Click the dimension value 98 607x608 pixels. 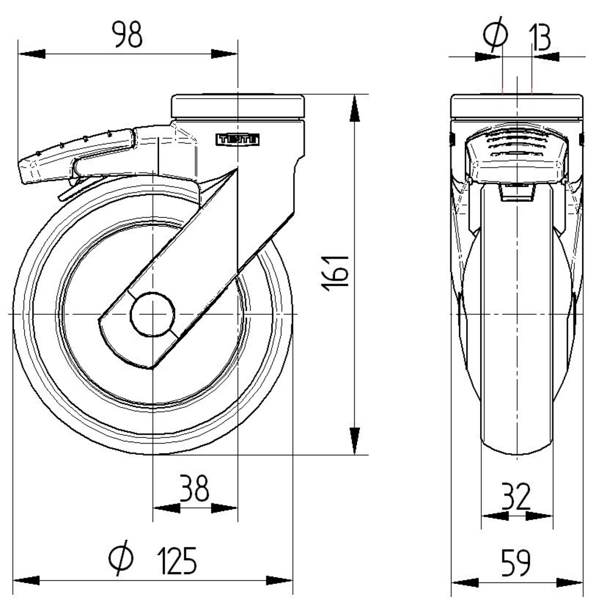[x=127, y=35]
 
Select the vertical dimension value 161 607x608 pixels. [x=336, y=273]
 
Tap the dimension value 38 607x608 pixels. [x=195, y=488]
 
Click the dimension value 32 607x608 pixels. [x=516, y=496]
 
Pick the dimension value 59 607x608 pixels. [x=516, y=562]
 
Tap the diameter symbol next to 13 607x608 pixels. [x=495, y=34]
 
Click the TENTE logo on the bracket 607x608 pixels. [x=237, y=140]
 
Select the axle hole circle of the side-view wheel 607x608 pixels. [x=153, y=314]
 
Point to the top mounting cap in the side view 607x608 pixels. [x=517, y=106]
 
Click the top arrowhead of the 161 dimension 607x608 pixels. [x=354, y=109]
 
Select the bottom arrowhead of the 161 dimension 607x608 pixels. [x=354, y=441]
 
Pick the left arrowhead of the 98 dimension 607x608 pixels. [x=32, y=54]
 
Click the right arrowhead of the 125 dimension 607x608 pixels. [x=279, y=581]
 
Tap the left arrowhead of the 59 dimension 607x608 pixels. [x=465, y=583]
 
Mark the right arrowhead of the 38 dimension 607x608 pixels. [x=224, y=508]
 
